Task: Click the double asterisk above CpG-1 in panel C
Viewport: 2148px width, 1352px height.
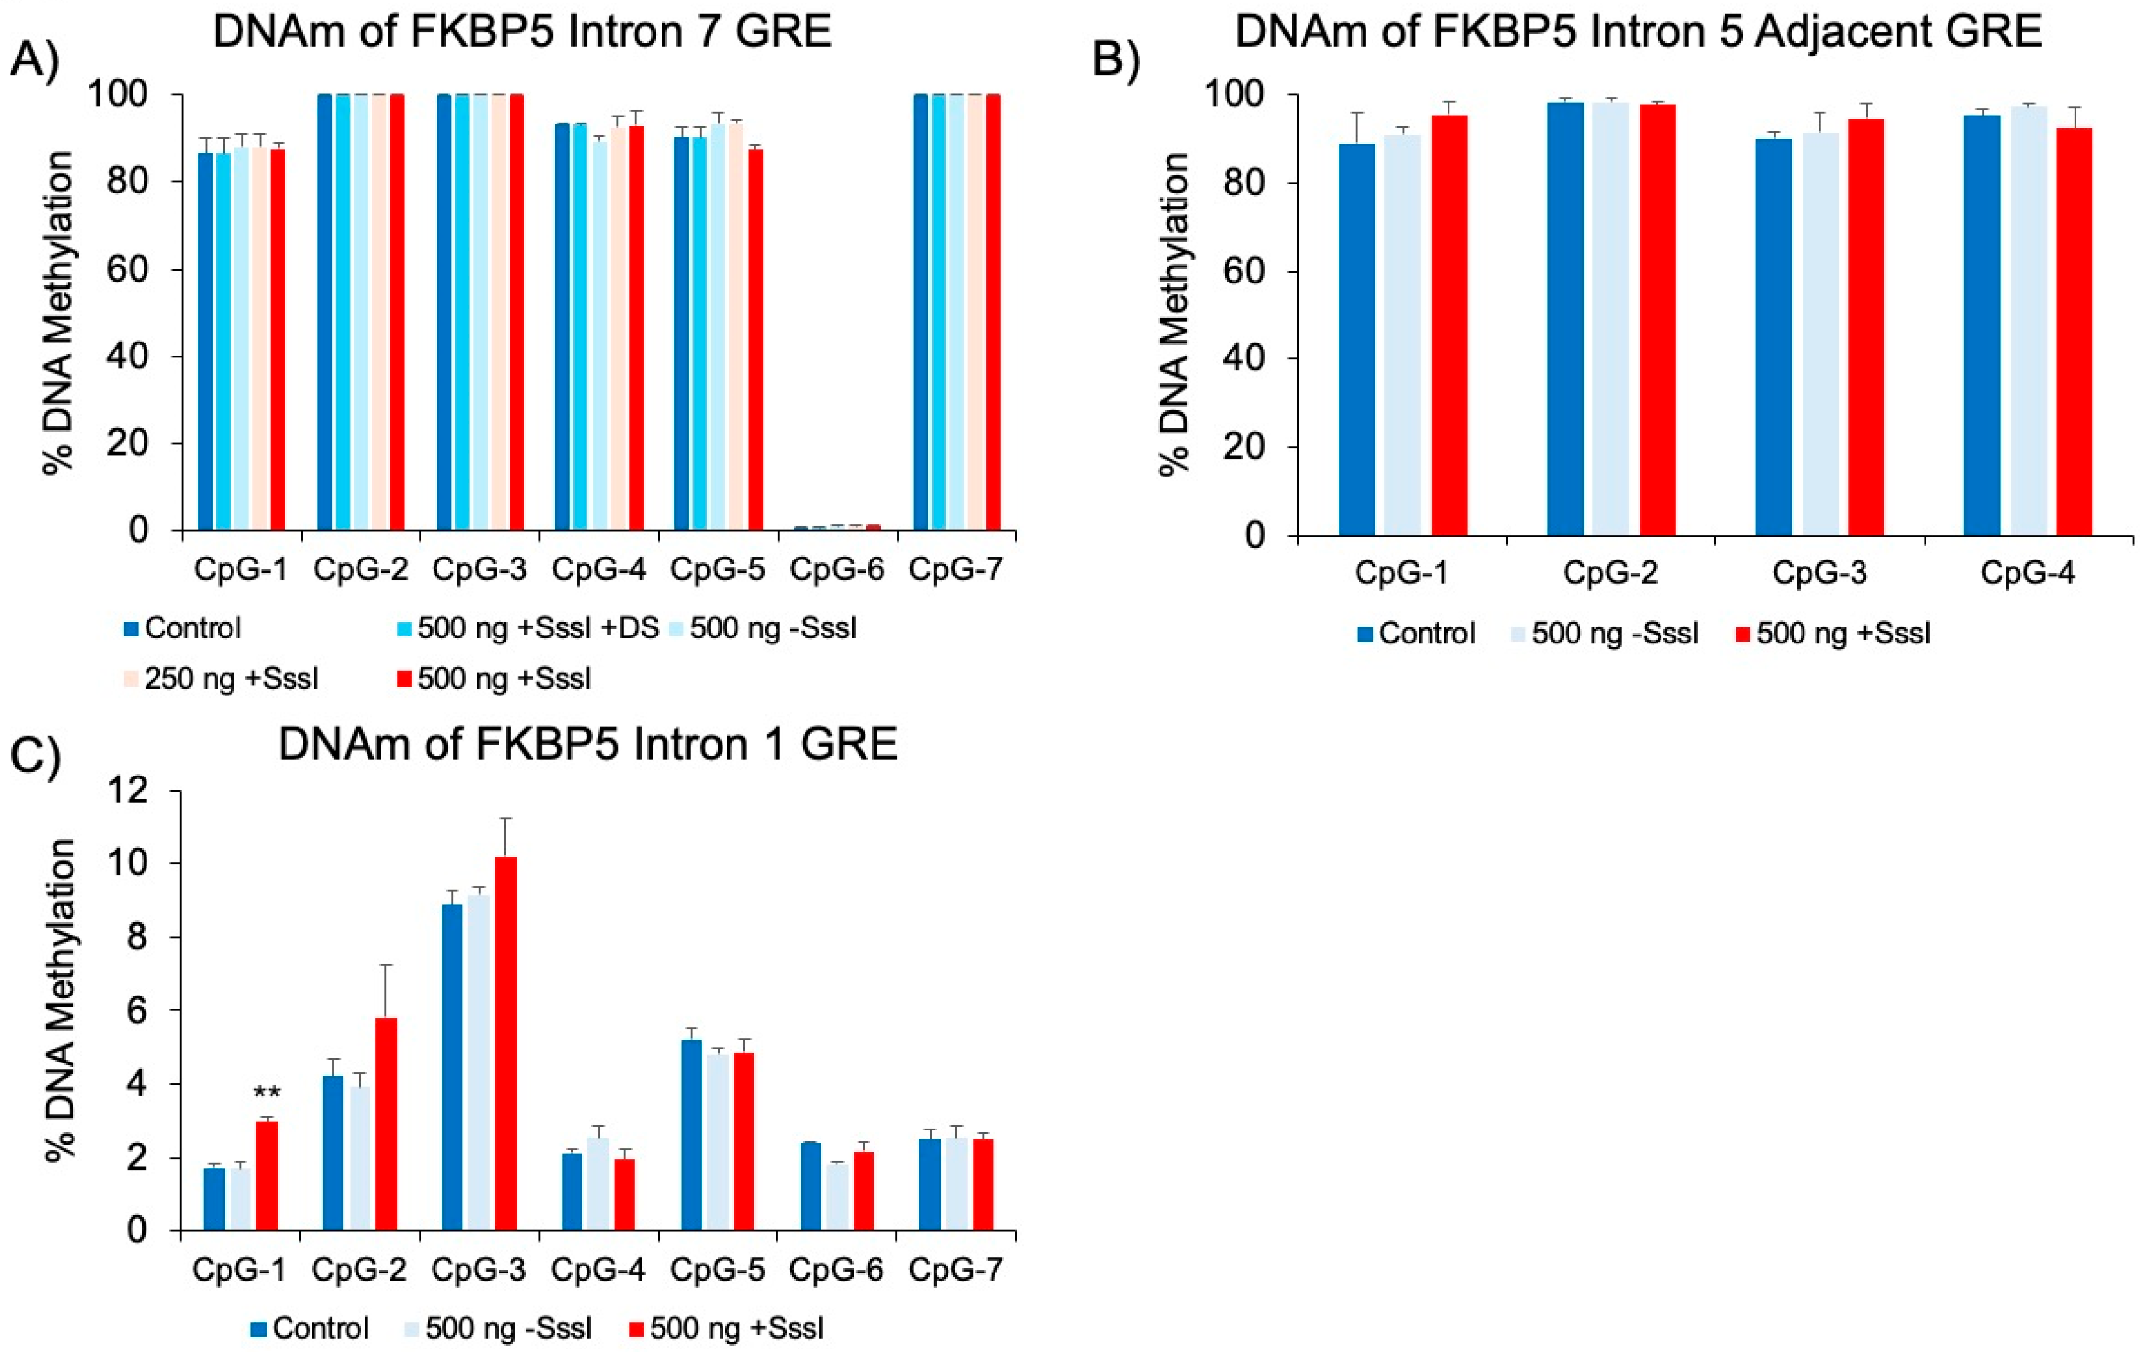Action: pyautogui.click(x=267, y=1093)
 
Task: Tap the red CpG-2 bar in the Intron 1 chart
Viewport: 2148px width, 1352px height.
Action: pyautogui.click(x=386, y=1123)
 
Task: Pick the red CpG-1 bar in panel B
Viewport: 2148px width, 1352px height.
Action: pyautogui.click(x=1449, y=326)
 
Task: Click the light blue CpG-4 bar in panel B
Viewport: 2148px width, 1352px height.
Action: pyautogui.click(x=2029, y=321)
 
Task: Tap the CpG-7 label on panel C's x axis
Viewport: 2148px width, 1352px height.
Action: pyautogui.click(x=955, y=1269)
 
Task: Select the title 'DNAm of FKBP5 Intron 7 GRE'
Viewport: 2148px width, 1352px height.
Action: pyautogui.click(x=522, y=32)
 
